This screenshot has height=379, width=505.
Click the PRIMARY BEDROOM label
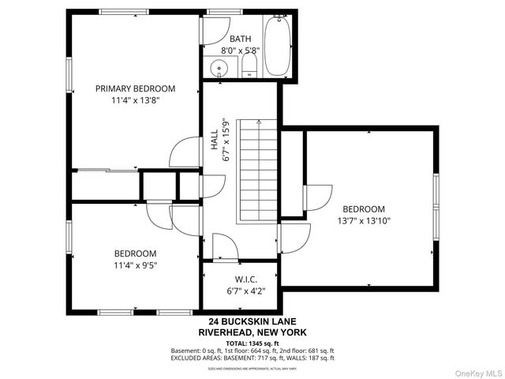135,88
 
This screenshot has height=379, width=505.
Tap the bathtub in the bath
277,47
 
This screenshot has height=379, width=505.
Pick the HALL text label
215,140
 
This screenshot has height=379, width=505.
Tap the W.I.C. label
245,280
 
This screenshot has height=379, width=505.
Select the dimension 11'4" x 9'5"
135,265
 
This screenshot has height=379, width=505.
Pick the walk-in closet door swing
225,246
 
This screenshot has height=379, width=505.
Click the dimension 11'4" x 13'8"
135,100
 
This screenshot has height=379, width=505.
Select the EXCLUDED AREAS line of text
252,358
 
